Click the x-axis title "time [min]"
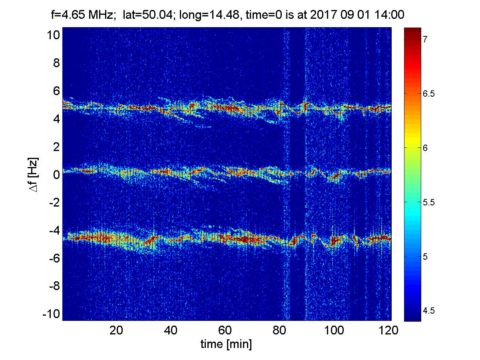tap(226, 344)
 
